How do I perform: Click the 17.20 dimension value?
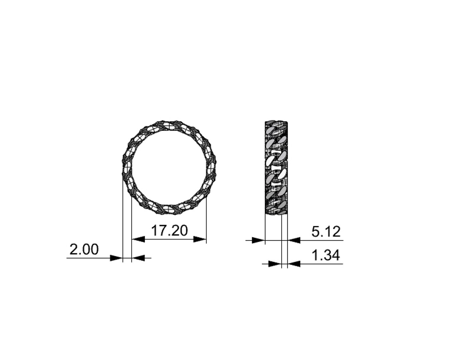(169, 231)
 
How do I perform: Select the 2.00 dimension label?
(84, 249)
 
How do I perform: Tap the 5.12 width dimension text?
(326, 232)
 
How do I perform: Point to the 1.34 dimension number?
(326, 256)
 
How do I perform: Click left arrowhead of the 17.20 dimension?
(138, 239)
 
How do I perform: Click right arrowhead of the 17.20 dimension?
(200, 239)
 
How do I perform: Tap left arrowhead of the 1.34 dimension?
(274, 264)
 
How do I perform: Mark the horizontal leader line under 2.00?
(88, 258)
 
